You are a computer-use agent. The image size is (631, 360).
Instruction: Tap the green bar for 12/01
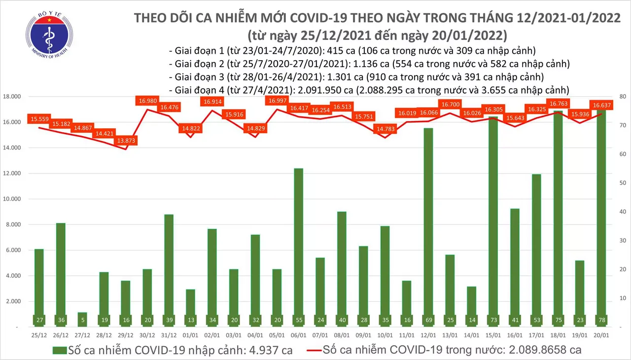pyautogui.click(x=428, y=227)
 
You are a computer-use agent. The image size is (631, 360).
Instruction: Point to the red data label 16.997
pyautogui.click(x=278, y=101)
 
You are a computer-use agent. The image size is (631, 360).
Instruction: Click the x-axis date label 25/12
pyautogui.click(x=38, y=336)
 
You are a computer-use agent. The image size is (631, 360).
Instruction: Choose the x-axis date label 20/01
pyautogui.click(x=601, y=336)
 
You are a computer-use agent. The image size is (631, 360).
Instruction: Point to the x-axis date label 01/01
pyautogui.click(x=190, y=336)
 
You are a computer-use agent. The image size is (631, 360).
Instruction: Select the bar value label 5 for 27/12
pyautogui.click(x=82, y=320)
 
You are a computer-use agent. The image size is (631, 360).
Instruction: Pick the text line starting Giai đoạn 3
pyautogui.click(x=356, y=77)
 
